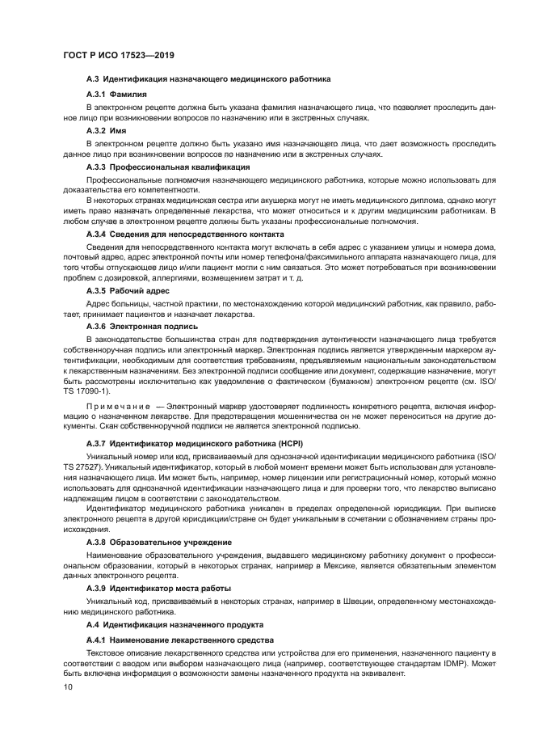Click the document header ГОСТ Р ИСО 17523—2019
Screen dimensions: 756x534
coord(119,55)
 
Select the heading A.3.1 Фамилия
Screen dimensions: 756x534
coord(116,95)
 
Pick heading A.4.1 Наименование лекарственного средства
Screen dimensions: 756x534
coord(174,639)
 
